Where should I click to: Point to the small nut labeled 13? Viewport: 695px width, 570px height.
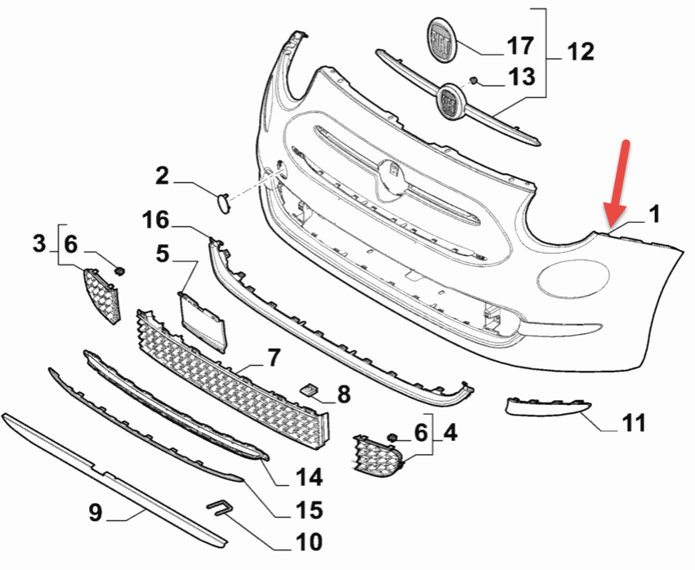tap(473, 81)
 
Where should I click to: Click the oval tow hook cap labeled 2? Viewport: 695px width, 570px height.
tap(221, 200)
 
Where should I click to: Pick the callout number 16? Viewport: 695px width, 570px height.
tap(154, 220)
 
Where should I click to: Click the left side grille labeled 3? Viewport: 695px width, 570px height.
tap(102, 294)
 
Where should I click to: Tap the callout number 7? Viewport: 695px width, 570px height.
tap(273, 358)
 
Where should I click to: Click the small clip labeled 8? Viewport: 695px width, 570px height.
tap(310, 390)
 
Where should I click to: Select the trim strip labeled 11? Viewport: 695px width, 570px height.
tap(546, 405)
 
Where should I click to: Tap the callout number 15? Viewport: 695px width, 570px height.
tap(310, 511)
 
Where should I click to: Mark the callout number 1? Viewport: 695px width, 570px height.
tap(654, 215)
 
